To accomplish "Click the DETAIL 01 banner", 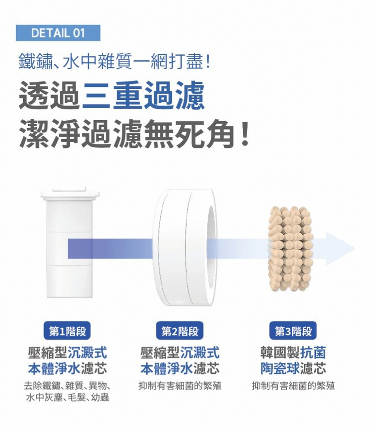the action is coord(58,33).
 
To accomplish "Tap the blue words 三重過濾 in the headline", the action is coord(143,96).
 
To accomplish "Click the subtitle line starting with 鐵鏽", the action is coord(115,61).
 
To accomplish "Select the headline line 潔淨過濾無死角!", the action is coord(134,133).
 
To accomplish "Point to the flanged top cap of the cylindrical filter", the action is coord(70,193).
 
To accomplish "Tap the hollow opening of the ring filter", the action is coord(211,247).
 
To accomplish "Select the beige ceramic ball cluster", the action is coord(290,249).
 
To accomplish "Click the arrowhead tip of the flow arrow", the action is coord(355,249).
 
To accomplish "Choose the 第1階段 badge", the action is coord(67,331).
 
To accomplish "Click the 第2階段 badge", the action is coord(180,331).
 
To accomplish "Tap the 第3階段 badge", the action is coord(293,331).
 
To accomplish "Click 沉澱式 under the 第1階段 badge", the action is coord(87,352).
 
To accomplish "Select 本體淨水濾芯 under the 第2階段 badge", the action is coord(180,368).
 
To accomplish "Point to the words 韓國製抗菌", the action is coord(293,352).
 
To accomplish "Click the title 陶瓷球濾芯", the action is coord(293,368).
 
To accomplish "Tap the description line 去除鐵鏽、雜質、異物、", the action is coord(67,386).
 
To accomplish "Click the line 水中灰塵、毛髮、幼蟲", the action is coord(67,397).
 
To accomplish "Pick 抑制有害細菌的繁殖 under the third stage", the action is coord(293,386).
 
